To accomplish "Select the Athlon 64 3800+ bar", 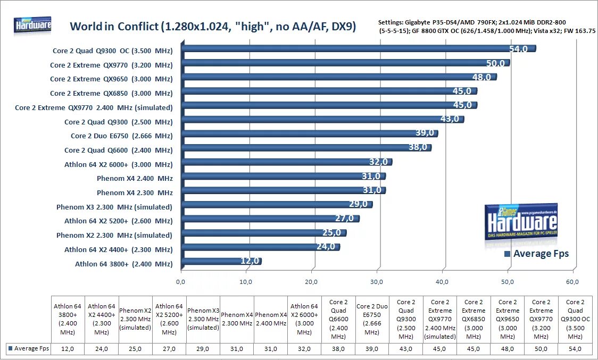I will [220, 262].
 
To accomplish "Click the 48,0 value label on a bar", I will [481, 77].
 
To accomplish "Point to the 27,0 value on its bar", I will [344, 219].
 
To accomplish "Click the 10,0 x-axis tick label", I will [246, 282].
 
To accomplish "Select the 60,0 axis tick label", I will [572, 282].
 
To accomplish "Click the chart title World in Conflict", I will [213, 27].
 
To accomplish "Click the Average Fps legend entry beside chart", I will [536, 254].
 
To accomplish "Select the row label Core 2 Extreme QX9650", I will [111, 79].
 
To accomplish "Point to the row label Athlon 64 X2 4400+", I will [118, 249].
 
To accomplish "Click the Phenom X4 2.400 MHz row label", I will [135, 178].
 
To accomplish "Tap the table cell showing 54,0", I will [576, 349].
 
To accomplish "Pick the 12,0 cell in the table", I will [68, 349].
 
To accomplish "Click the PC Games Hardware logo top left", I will [33, 25].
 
